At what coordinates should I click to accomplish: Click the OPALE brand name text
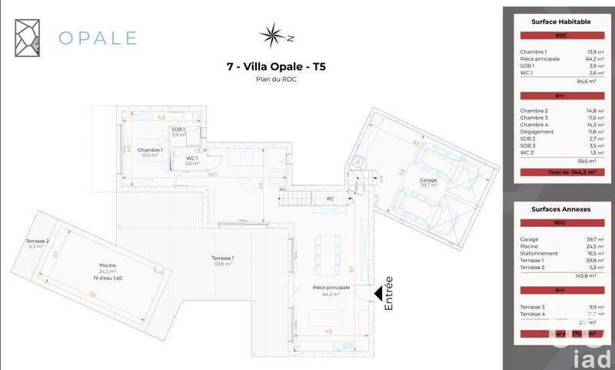[98, 37]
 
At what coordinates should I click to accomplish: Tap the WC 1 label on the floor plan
[191, 160]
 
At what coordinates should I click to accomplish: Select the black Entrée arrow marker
[379, 292]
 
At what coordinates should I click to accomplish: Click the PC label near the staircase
[329, 198]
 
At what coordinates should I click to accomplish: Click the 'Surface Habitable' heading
[561, 22]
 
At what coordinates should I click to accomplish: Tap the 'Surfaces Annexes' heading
[561, 208]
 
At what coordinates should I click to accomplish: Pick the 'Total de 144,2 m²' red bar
[561, 173]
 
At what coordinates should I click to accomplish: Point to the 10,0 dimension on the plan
[213, 175]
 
